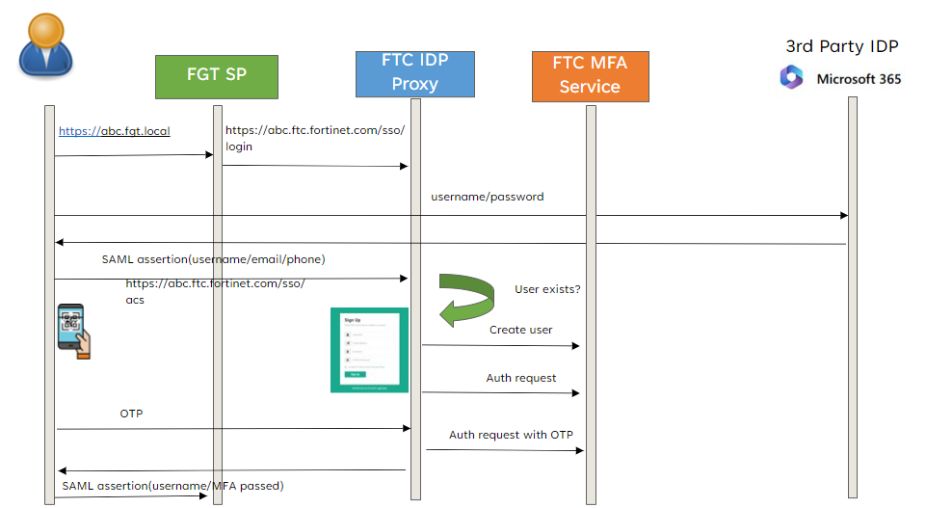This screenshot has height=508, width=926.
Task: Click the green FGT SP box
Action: (x=217, y=75)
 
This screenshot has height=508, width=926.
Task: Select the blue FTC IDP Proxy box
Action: (x=414, y=73)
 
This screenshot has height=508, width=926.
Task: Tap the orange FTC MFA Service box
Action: (x=590, y=76)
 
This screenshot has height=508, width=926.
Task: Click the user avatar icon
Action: (x=45, y=45)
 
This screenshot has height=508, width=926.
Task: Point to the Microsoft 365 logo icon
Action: (x=792, y=77)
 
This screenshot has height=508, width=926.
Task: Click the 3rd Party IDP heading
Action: (x=842, y=45)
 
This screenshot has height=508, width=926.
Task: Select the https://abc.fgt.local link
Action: (x=114, y=131)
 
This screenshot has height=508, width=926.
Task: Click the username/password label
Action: (x=487, y=197)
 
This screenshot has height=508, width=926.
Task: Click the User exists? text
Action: (x=547, y=289)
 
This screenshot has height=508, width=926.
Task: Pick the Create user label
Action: (x=520, y=330)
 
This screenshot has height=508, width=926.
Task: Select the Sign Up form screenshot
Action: (x=370, y=350)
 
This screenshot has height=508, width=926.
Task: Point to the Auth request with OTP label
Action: (x=511, y=435)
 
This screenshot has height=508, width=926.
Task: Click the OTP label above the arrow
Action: (x=133, y=413)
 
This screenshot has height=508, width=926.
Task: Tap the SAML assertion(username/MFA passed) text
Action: (x=172, y=485)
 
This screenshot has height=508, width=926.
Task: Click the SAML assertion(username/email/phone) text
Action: (x=213, y=259)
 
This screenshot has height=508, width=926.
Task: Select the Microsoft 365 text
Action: (x=859, y=79)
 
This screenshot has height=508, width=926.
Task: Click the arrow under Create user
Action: (x=500, y=345)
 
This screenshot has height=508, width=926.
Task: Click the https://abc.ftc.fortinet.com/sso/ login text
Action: (x=314, y=138)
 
